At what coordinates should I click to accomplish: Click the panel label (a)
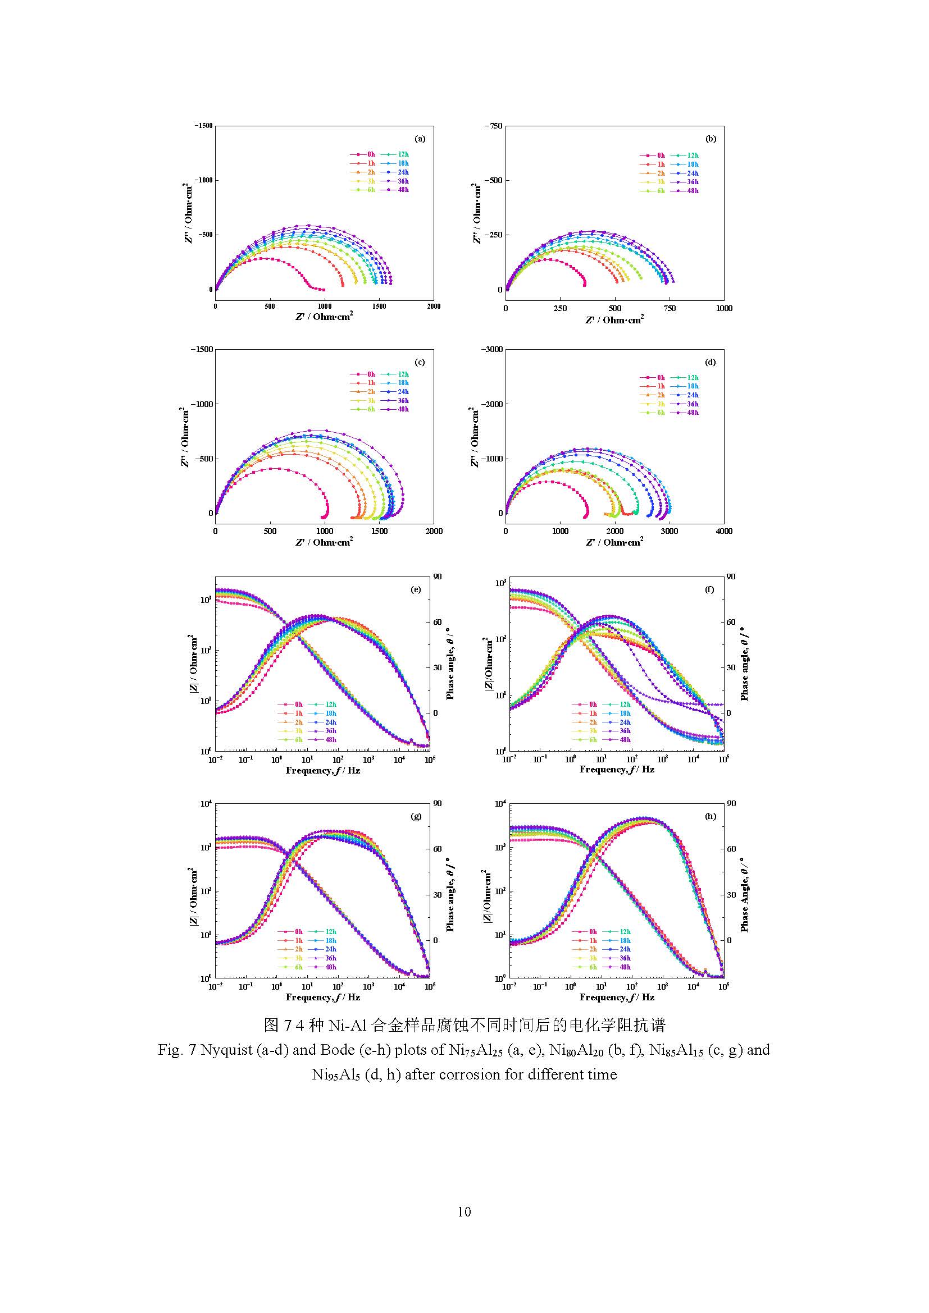click(x=420, y=139)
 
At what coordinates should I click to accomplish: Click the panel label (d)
click(x=710, y=362)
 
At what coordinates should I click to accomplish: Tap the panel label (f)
click(x=709, y=589)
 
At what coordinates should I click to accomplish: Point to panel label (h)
click(x=710, y=816)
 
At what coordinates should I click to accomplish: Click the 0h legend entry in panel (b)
click(x=653, y=155)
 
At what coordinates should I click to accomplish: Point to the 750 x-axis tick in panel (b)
click(x=670, y=308)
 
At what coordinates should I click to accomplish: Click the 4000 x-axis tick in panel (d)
click(x=723, y=531)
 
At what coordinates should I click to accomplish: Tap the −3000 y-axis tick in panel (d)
click(x=493, y=349)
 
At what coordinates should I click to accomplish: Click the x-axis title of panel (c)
click(x=324, y=542)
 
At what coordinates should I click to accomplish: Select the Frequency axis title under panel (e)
click(x=322, y=771)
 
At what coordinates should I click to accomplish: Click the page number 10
click(x=464, y=1212)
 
